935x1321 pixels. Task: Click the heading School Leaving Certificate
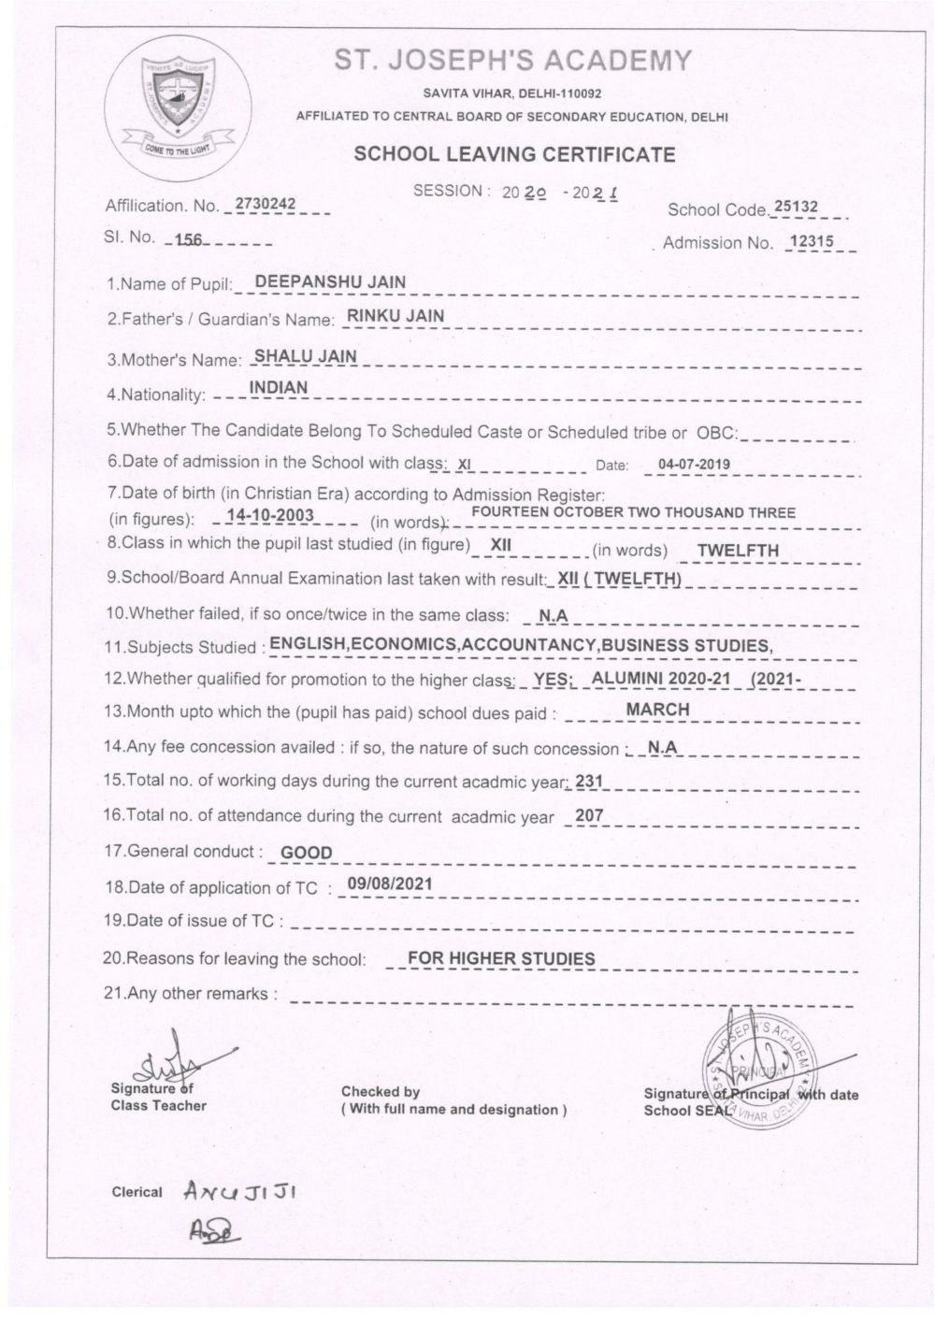514,154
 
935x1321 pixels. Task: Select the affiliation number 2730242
266,203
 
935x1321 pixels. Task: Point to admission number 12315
816,240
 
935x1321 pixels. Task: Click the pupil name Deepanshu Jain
330,281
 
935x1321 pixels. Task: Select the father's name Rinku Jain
396,316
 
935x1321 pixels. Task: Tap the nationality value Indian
278,387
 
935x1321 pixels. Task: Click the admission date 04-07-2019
694,464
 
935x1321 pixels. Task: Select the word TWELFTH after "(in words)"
738,550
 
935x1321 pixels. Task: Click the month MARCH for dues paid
657,710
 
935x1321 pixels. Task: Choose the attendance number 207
589,815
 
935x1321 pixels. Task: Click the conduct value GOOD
307,853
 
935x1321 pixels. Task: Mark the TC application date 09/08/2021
389,883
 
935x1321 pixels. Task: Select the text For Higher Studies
501,958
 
